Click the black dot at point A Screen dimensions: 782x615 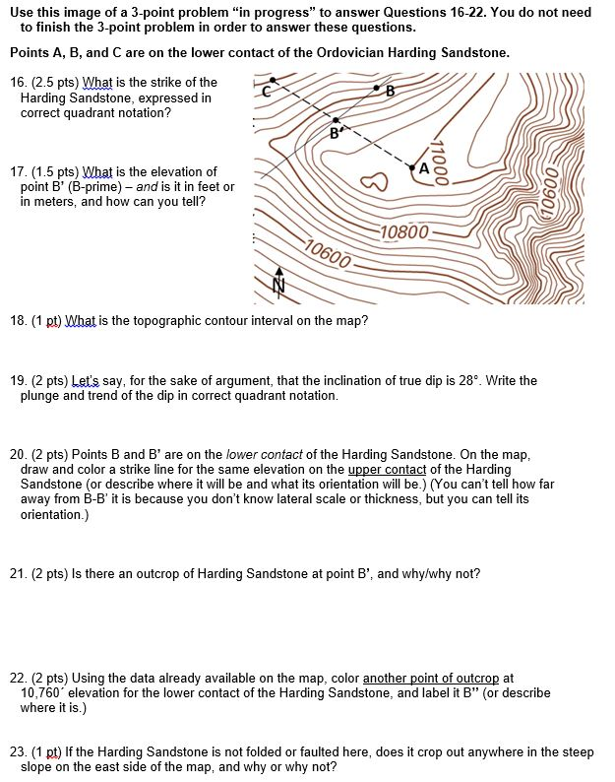pyautogui.click(x=413, y=168)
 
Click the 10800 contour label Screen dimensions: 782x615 pyautogui.click(x=403, y=232)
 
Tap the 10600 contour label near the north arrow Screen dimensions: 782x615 pyautogui.click(x=327, y=253)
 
